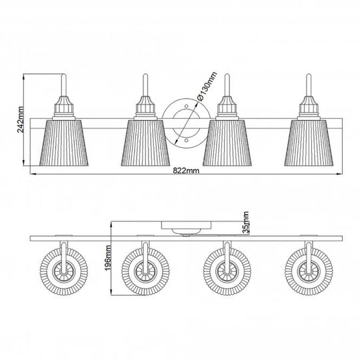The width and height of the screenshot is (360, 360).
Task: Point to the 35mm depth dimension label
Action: [245, 221]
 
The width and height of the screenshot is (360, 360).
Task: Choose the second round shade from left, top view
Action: [143, 273]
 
